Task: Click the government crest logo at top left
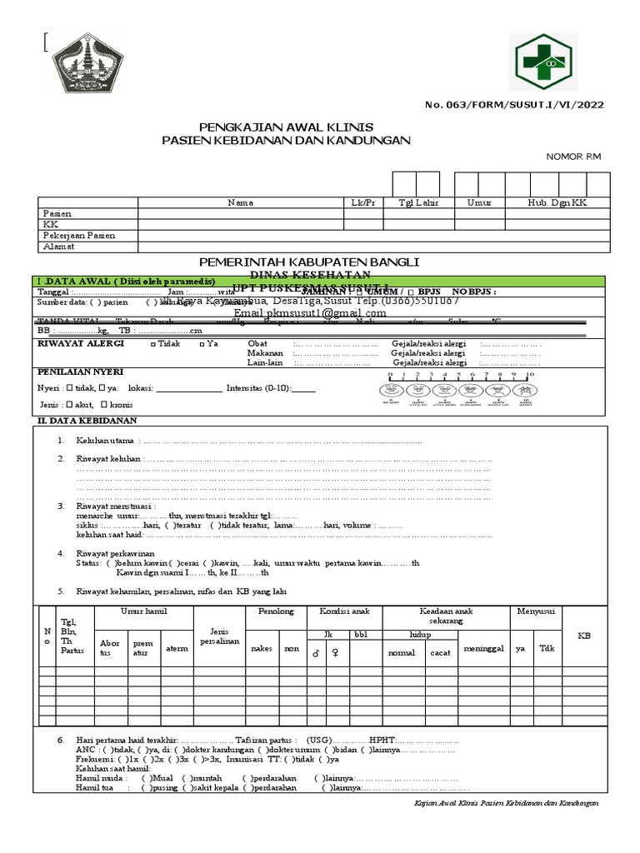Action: coord(85,64)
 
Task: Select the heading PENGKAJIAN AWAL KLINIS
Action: coord(285,127)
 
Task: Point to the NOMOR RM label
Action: coord(573,157)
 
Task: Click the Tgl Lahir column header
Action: coord(418,202)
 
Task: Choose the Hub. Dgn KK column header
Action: coord(557,202)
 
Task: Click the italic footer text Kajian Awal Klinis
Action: coord(507,802)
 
